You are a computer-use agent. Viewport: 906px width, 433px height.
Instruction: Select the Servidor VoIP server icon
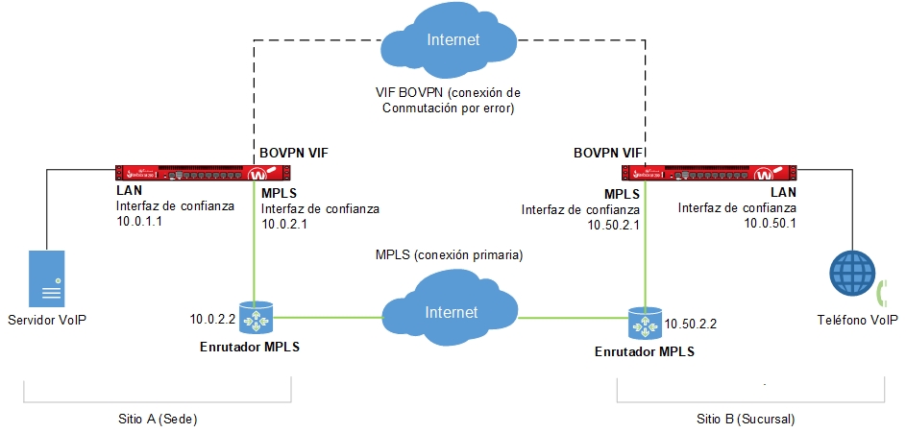click(x=46, y=276)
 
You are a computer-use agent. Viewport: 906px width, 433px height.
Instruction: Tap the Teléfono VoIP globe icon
click(x=854, y=276)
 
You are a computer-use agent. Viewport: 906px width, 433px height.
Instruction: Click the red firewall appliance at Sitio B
click(x=709, y=174)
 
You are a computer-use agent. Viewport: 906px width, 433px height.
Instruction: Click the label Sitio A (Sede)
click(x=157, y=420)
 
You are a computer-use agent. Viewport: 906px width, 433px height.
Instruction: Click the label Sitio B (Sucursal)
click(x=746, y=420)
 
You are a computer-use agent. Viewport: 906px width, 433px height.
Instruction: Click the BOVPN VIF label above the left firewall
click(x=293, y=153)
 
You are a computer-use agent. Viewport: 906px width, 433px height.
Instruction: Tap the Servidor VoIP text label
click(x=46, y=319)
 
